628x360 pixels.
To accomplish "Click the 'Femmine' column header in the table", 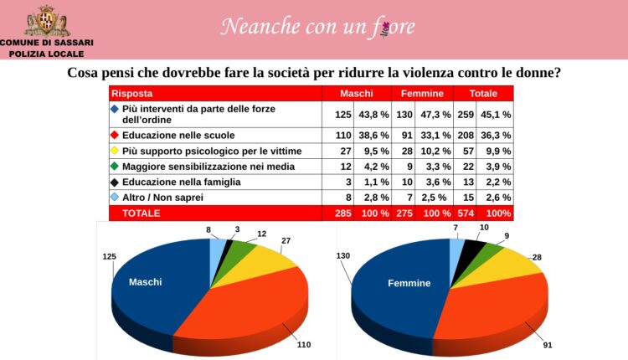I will [423, 94].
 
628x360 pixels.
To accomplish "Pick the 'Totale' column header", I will [483, 94].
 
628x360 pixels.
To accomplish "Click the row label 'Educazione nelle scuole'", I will [178, 135].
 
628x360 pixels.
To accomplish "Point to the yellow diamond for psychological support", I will [115, 151].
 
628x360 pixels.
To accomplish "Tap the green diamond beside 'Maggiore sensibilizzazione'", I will [115, 167].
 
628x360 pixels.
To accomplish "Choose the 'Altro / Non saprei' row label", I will [162, 198].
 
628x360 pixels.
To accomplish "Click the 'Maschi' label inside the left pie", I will [145, 282].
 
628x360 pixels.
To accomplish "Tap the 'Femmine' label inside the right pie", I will [409, 283].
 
